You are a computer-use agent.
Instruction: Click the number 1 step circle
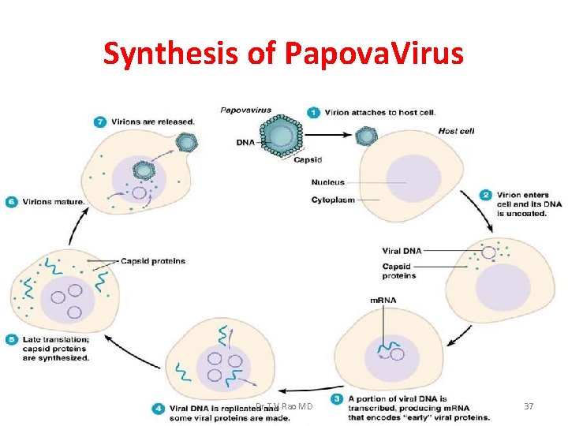pyautogui.click(x=313, y=113)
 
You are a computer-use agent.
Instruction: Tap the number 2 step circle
pyautogui.click(x=487, y=195)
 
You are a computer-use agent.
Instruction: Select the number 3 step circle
pyautogui.click(x=337, y=400)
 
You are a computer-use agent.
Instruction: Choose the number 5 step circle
pyautogui.click(x=11, y=340)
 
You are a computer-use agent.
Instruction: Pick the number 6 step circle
pyautogui.click(x=11, y=201)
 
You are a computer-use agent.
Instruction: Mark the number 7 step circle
pyautogui.click(x=99, y=122)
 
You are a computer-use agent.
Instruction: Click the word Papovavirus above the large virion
pyautogui.click(x=246, y=110)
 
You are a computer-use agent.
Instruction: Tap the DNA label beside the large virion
pyautogui.click(x=245, y=143)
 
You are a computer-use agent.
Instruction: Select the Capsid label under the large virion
pyautogui.click(x=307, y=159)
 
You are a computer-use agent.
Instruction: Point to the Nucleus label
pyautogui.click(x=327, y=182)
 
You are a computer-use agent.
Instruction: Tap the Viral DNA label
pyautogui.click(x=402, y=251)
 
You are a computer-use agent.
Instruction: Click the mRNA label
pyautogui.click(x=383, y=301)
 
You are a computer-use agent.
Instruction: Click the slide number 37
pyautogui.click(x=529, y=406)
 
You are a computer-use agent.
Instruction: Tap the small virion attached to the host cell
pyautogui.click(x=365, y=136)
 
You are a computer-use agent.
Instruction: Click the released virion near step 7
pyautogui.click(x=187, y=142)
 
